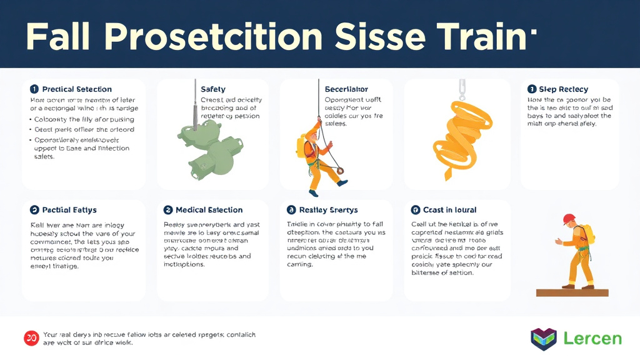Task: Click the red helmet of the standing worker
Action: click(x=569, y=219)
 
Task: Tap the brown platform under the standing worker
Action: click(x=572, y=292)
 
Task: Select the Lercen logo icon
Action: click(x=543, y=339)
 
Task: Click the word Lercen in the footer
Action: click(x=592, y=339)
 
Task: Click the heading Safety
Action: click(x=213, y=89)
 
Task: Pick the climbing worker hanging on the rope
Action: click(x=319, y=159)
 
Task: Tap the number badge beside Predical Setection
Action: click(x=34, y=89)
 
